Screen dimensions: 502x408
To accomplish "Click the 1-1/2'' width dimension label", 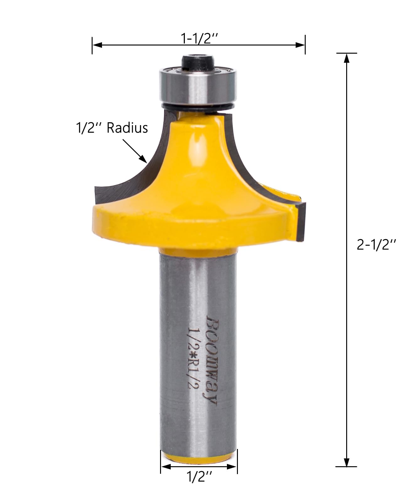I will click(x=199, y=39).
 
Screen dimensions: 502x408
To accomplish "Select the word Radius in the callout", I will click(x=127, y=129).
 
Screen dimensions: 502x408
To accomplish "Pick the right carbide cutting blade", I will click(x=300, y=220).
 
